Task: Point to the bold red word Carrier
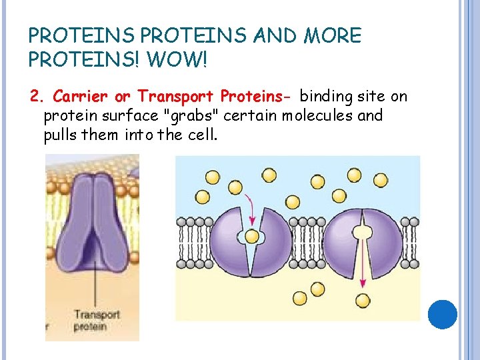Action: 79,97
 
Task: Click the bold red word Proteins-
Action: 256,97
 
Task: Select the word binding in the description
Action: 325,97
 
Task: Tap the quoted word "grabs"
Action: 189,115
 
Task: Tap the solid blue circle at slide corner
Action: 441,314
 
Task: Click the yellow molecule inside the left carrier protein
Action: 251,237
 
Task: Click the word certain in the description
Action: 251,115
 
